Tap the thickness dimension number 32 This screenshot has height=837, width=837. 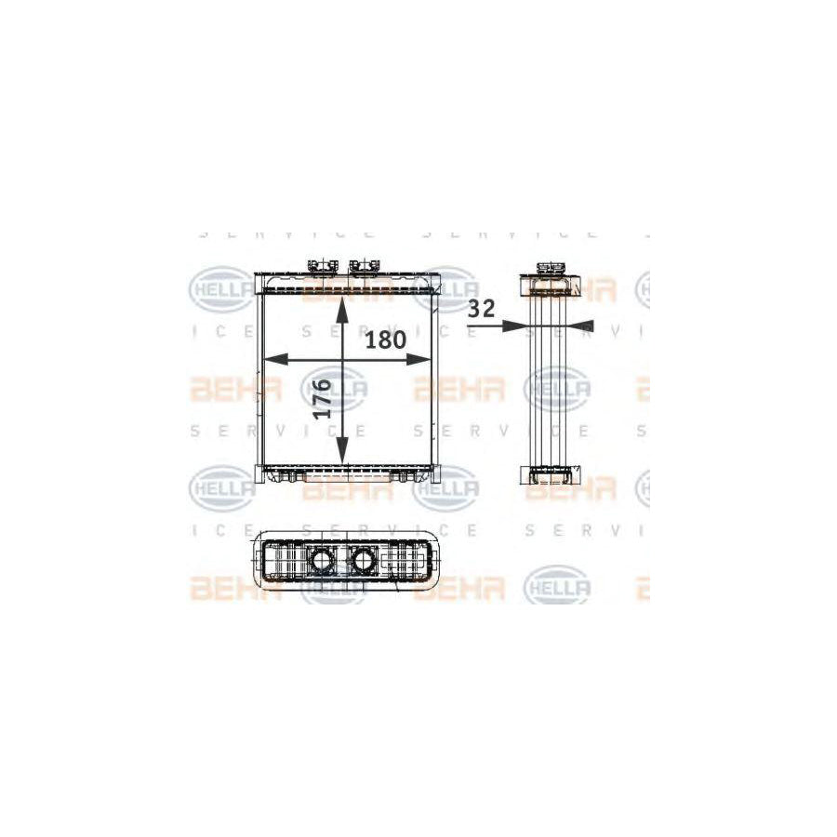[x=482, y=310]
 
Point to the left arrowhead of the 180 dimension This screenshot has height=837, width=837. [x=271, y=359]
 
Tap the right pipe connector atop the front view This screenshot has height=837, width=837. [x=365, y=268]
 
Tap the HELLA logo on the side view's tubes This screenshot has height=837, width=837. [x=557, y=388]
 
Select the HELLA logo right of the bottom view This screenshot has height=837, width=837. [x=557, y=586]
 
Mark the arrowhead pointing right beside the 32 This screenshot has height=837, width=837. [x=512, y=325]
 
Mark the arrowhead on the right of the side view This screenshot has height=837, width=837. [x=582, y=325]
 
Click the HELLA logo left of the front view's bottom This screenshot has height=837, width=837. [x=221, y=486]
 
